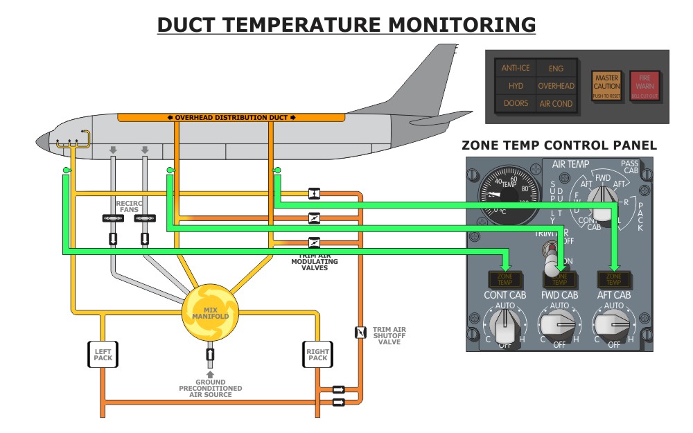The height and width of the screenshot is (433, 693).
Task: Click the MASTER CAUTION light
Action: [606, 87]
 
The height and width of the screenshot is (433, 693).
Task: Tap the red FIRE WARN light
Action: [645, 87]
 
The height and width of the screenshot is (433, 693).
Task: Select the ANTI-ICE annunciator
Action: [515, 68]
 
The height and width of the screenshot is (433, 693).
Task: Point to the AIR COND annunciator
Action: [556, 103]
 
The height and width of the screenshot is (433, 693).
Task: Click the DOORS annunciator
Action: [515, 103]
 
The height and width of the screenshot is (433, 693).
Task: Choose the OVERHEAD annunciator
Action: [556, 86]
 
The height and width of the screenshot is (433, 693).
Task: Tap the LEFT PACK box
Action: [103, 355]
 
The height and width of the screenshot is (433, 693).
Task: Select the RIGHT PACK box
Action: [317, 355]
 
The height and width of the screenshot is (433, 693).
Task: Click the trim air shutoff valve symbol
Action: [360, 333]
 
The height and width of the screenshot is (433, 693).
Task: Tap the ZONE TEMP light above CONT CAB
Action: [504, 279]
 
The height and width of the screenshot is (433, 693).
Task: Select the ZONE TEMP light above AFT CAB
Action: [613, 279]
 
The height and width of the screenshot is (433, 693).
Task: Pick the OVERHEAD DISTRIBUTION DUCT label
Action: [231, 117]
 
